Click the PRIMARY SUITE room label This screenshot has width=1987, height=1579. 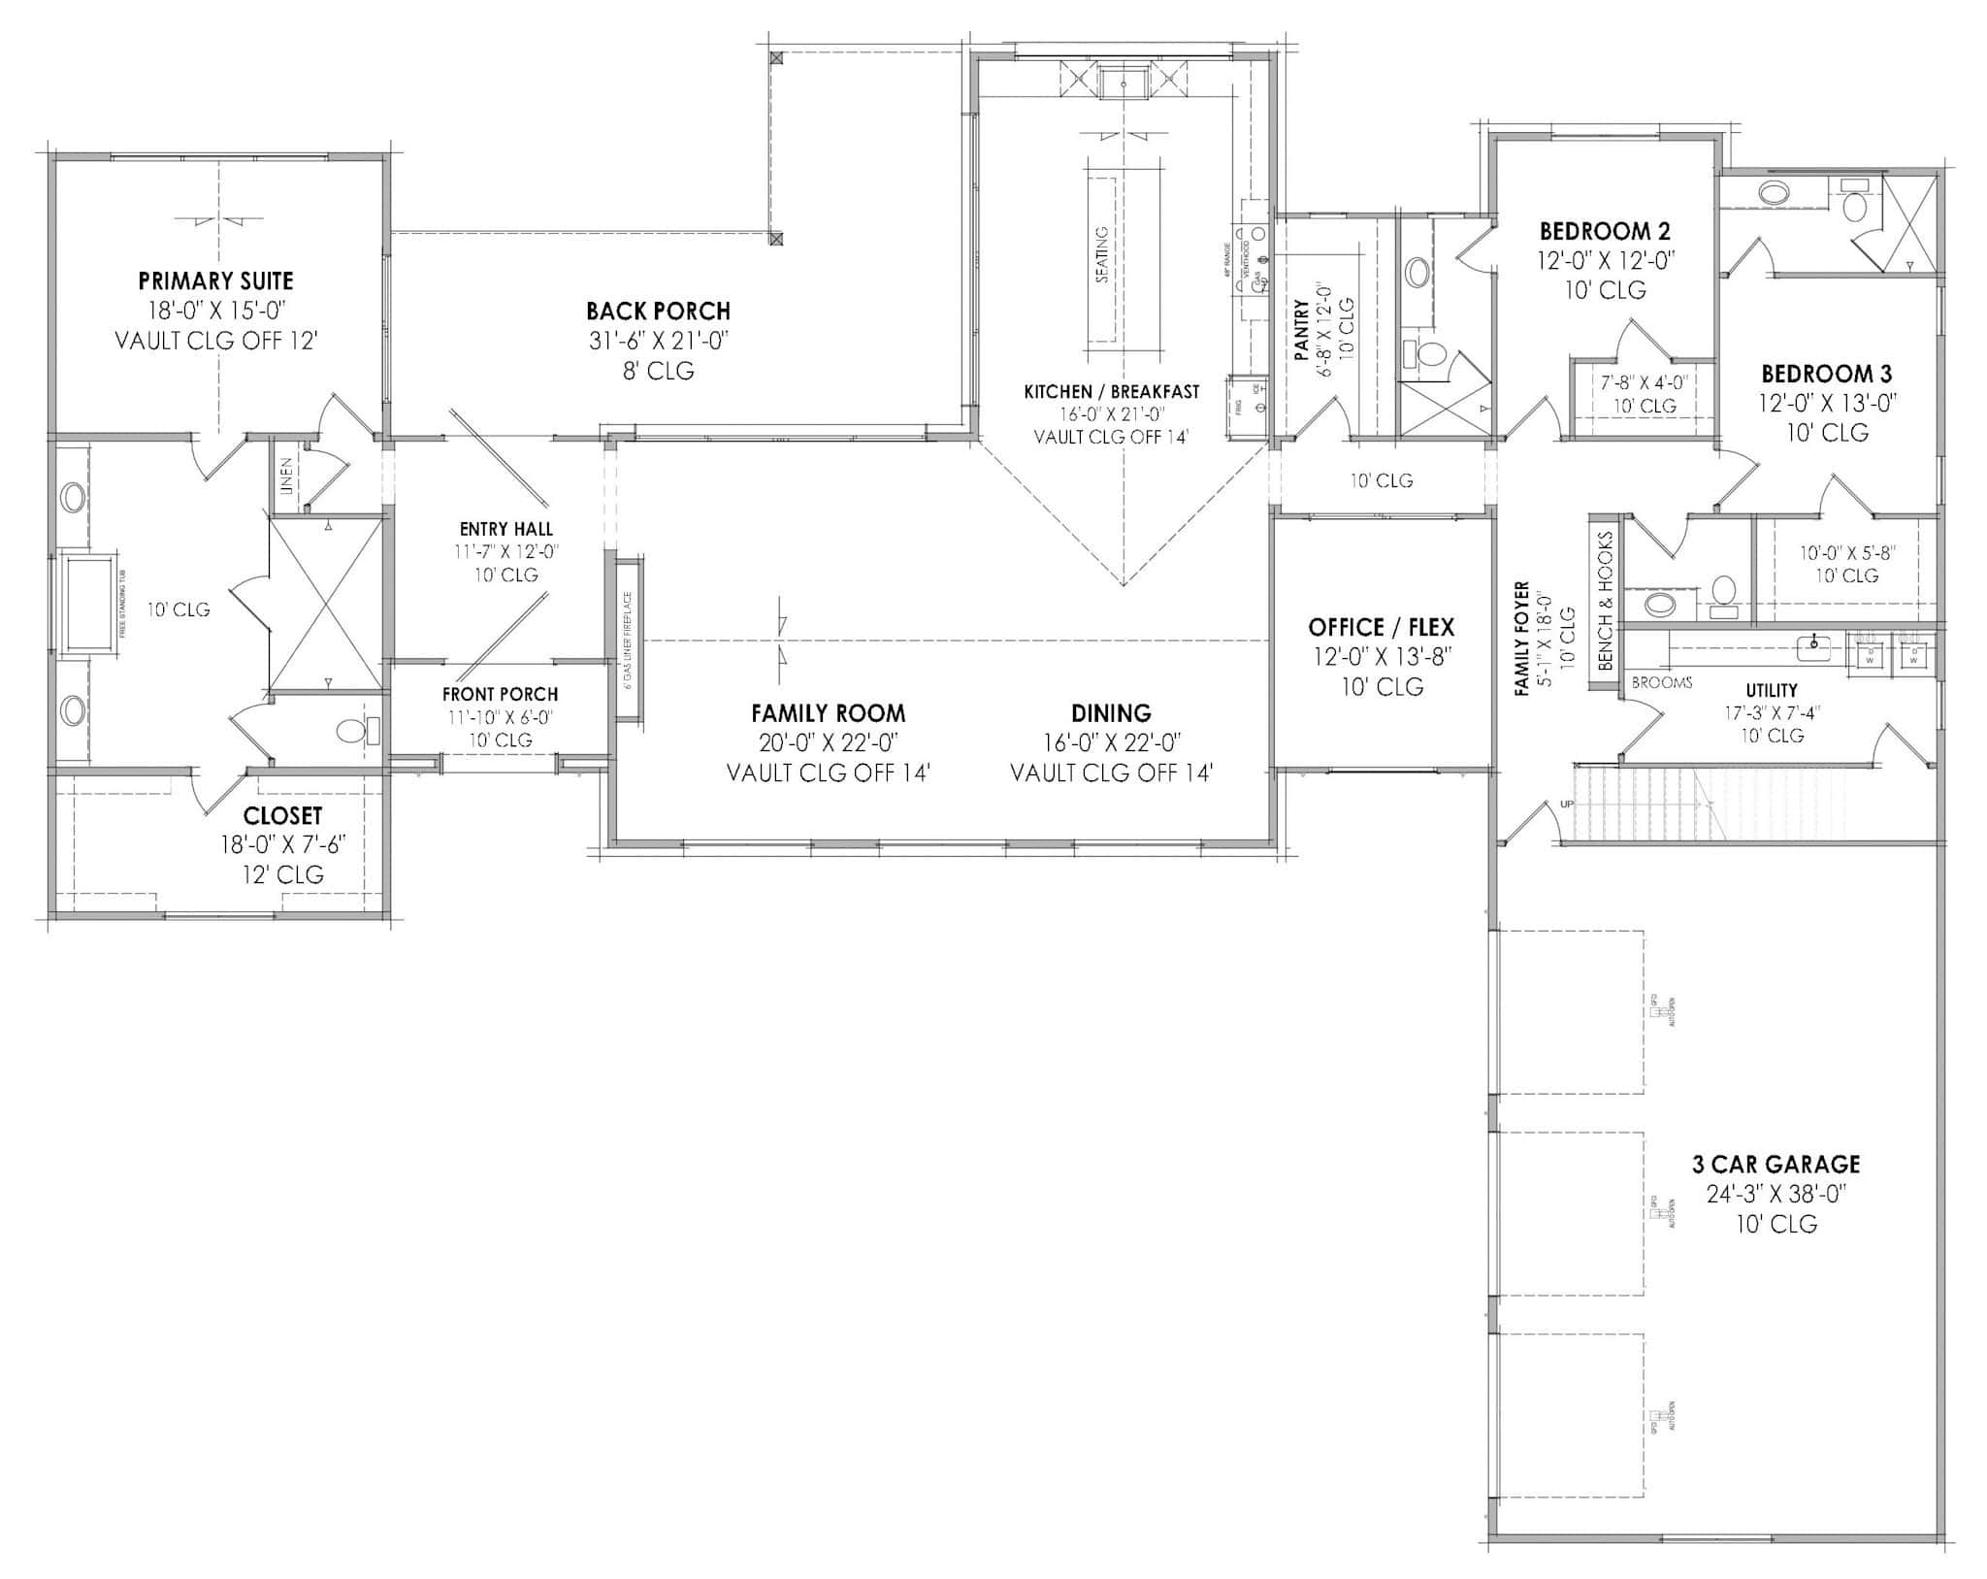pos(215,281)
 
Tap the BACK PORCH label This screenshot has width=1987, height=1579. pos(658,312)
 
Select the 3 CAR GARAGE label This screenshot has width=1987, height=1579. pos(1775,1164)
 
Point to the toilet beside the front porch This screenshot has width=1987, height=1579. pos(351,731)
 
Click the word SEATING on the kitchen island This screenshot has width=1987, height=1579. pos(1102,254)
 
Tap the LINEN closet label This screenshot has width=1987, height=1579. pos(286,477)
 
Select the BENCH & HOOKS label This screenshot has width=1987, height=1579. pos(1605,600)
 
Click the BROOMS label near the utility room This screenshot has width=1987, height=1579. pos(1661,683)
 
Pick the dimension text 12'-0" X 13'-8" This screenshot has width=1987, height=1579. pos(1382,657)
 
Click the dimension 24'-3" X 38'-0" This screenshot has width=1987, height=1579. pos(1775,1194)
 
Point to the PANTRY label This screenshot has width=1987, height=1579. pos(1302,330)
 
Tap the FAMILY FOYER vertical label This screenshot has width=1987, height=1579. pos(1522,639)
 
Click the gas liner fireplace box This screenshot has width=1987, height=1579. pos(628,639)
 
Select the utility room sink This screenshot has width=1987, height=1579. pos(1811,644)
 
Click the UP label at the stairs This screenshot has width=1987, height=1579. pos(1566,804)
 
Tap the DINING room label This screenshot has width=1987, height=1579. pos(1111,713)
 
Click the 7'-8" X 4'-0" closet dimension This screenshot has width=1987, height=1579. pos(1644,382)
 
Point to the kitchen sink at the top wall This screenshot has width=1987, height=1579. pos(1124,82)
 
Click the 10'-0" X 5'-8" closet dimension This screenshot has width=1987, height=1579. pos(1846,552)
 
